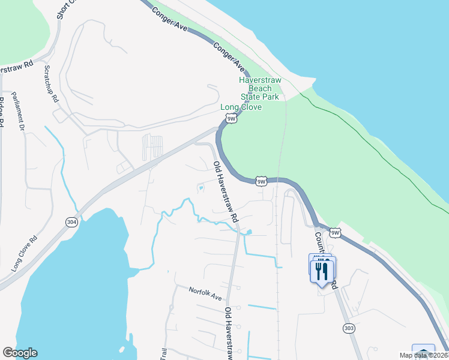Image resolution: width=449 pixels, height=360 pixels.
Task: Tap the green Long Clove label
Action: (241, 107)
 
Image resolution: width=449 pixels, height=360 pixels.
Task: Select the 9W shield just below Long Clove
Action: (232, 119)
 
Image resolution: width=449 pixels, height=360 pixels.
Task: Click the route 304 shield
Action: (72, 222)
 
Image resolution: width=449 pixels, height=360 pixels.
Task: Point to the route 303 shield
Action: (349, 328)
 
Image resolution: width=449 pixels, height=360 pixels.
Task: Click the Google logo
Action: (20, 353)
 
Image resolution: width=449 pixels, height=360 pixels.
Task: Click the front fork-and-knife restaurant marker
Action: (323, 272)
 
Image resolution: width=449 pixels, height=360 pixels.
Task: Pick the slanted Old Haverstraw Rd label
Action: (226, 190)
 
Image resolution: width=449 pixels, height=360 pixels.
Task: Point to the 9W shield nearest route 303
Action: (335, 233)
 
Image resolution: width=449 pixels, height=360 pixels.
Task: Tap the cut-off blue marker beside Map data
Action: (424, 350)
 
